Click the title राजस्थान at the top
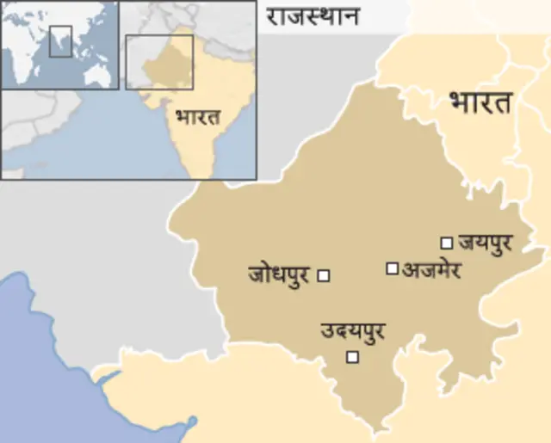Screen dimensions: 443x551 tap(312, 15)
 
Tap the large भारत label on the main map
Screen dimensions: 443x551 tap(480, 102)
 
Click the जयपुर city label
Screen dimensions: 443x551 tap(486, 243)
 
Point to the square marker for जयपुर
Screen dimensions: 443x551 tap(446, 243)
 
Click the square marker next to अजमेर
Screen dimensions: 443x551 tap(392, 268)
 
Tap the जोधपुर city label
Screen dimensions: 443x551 tap(279, 275)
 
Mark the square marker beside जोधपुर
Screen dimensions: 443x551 tap(324, 275)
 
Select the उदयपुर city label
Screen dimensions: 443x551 tap(352, 330)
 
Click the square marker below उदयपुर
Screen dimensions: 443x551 tap(351, 357)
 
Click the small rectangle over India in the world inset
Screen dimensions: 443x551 tap(59, 40)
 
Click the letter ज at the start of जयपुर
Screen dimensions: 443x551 tap(467, 243)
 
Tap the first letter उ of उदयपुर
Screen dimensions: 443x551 tap(327, 330)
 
